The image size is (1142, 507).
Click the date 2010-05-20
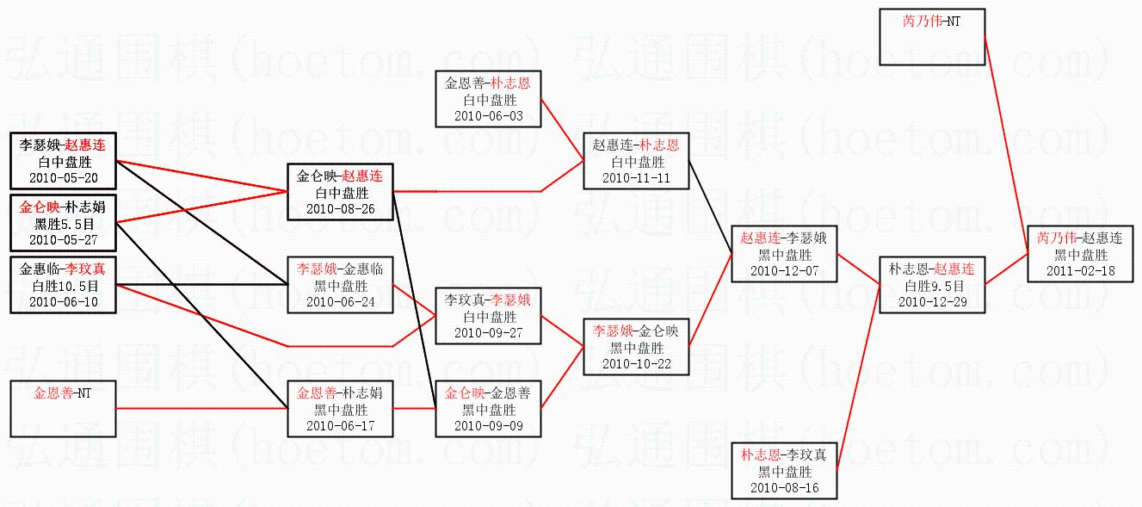tap(63, 178)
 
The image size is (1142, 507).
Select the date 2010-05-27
tap(63, 239)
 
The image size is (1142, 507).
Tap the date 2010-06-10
tap(63, 301)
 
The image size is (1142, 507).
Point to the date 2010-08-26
tap(340, 208)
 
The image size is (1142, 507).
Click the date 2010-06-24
tap(340, 301)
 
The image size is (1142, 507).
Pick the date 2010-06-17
tap(340, 425)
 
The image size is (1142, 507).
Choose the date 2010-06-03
tap(487, 115)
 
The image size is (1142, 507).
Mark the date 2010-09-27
tap(487, 332)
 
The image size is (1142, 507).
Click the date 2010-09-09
tap(487, 425)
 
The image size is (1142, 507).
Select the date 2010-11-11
tap(636, 177)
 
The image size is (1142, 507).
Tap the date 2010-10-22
tap(636, 363)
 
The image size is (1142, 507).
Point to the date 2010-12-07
tap(783, 270)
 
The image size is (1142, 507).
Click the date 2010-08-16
tap(783, 488)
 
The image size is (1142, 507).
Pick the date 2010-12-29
tap(931, 301)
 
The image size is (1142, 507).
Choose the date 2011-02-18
tap(1079, 270)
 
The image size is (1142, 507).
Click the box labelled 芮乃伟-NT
tap(932, 37)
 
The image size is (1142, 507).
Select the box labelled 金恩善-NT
tap(63, 409)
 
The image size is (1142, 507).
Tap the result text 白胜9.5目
tap(931, 286)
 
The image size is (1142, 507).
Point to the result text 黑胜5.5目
tap(63, 224)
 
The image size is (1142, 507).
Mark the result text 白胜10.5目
tap(63, 286)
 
